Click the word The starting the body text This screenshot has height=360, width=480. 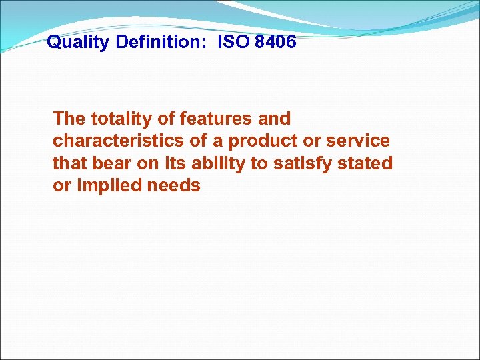tap(69, 119)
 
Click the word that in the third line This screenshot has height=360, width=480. tap(67, 163)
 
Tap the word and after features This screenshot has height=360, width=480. tap(275, 119)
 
